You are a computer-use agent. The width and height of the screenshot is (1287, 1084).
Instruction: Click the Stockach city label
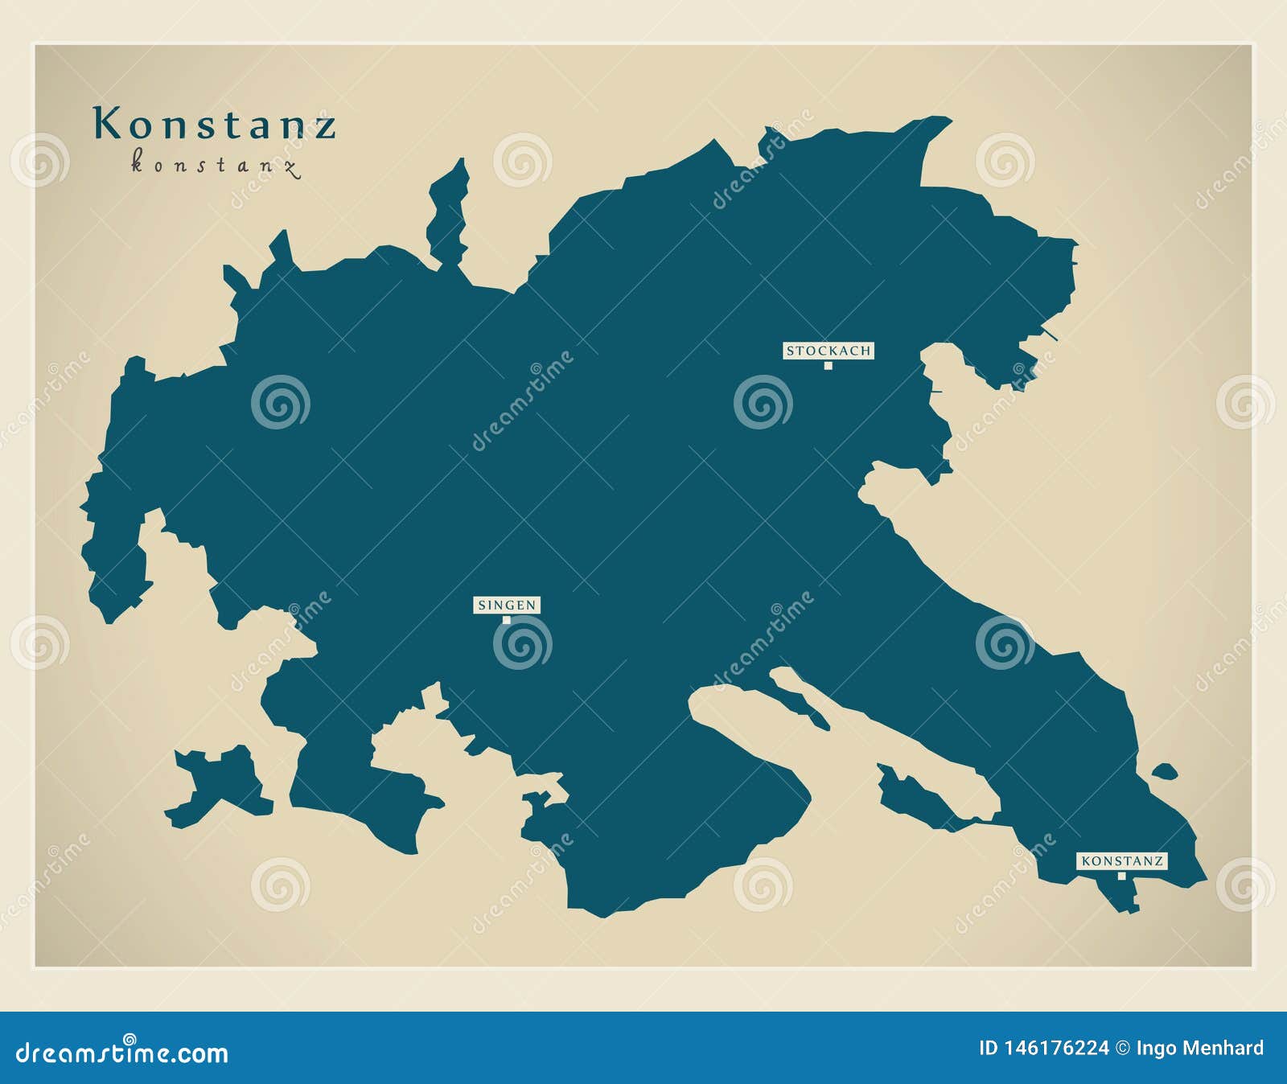(828, 351)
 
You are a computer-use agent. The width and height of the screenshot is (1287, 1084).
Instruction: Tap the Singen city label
(506, 605)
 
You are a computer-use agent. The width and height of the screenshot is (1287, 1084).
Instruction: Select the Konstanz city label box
(1121, 860)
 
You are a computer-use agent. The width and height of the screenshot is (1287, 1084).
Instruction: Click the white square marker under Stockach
(828, 366)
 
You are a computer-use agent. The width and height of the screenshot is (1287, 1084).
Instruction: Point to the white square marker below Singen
(506, 620)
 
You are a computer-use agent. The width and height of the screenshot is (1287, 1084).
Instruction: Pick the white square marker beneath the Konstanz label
(1121, 876)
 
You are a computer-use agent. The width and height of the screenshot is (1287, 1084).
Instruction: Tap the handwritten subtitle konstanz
(215, 166)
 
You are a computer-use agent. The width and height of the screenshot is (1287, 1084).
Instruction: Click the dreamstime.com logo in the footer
(122, 1051)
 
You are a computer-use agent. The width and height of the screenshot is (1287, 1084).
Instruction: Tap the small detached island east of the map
(1164, 772)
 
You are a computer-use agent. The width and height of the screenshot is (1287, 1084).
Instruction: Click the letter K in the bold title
(107, 124)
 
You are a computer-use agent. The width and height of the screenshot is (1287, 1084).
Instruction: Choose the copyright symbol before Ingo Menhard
(1122, 1048)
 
